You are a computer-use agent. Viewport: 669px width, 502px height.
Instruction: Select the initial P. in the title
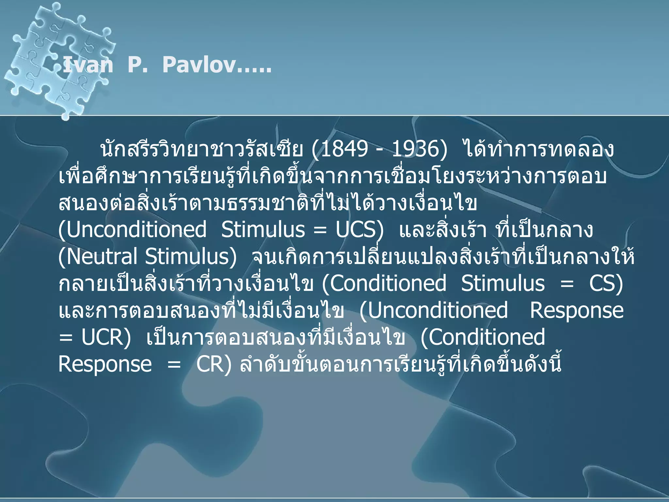(138, 65)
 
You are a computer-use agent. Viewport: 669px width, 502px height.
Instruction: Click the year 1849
(344, 149)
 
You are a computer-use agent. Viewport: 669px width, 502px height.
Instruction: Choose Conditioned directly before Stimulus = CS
(388, 283)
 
